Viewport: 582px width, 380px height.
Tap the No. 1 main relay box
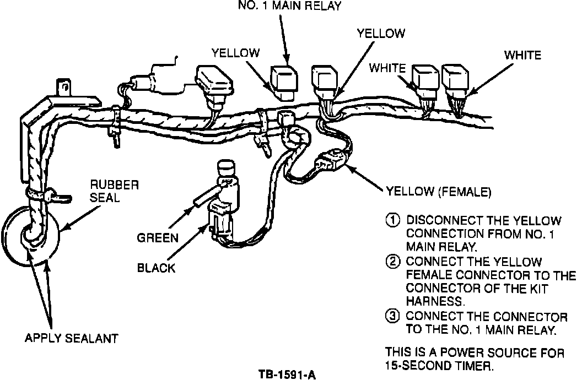click(284, 77)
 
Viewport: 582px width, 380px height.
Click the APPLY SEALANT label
click(72, 337)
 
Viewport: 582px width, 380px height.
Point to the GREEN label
click(158, 238)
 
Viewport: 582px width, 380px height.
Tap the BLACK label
click(156, 268)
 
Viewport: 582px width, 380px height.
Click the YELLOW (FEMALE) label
click(438, 192)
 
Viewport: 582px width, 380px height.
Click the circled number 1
click(392, 220)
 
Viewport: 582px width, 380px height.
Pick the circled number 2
click(392, 262)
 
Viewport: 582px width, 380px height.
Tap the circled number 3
click(392, 317)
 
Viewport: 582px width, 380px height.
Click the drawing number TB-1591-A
click(287, 374)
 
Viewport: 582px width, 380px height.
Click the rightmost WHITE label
click(523, 55)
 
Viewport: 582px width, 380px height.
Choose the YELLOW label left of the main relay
click(235, 52)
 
